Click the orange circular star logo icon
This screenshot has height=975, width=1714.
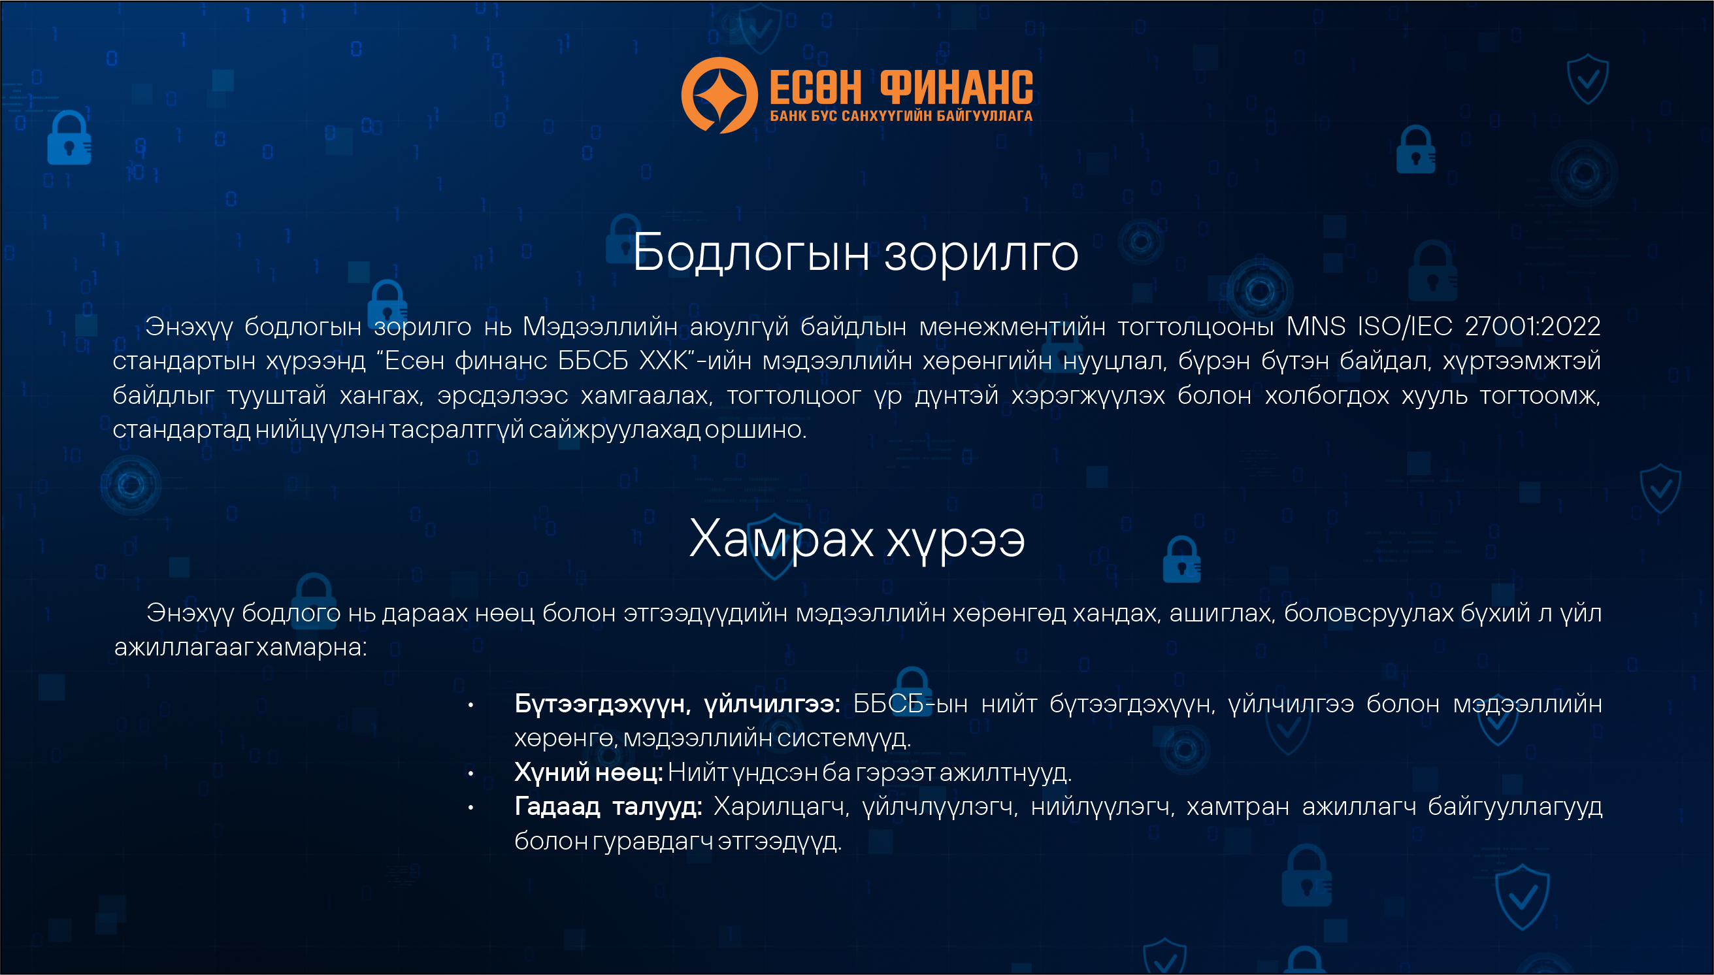(719, 95)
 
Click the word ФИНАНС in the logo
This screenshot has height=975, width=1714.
(956, 88)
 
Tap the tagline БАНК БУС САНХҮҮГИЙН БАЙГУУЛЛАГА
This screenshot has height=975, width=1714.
(901, 116)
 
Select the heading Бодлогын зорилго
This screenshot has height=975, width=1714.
(855, 253)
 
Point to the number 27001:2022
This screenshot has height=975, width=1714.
(1532, 326)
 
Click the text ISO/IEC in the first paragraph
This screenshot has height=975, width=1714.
(1405, 326)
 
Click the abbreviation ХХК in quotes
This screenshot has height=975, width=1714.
(663, 361)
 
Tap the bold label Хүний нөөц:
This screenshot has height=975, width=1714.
(589, 773)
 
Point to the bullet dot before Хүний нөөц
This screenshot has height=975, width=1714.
(470, 774)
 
